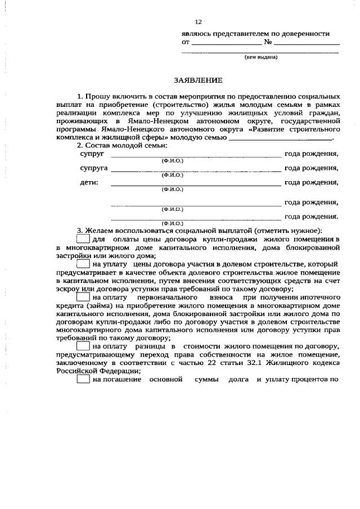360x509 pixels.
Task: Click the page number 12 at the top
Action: pos(197,22)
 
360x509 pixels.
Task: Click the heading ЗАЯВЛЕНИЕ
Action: pos(197,80)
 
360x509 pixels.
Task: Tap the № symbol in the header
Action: pos(268,42)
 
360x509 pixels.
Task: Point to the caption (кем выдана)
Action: pos(260,57)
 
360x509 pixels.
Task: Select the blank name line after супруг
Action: pos(196,156)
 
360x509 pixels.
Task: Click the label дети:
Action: pos(88,182)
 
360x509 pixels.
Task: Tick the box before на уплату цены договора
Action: pos(83,264)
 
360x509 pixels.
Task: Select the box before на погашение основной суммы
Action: pos(83,379)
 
